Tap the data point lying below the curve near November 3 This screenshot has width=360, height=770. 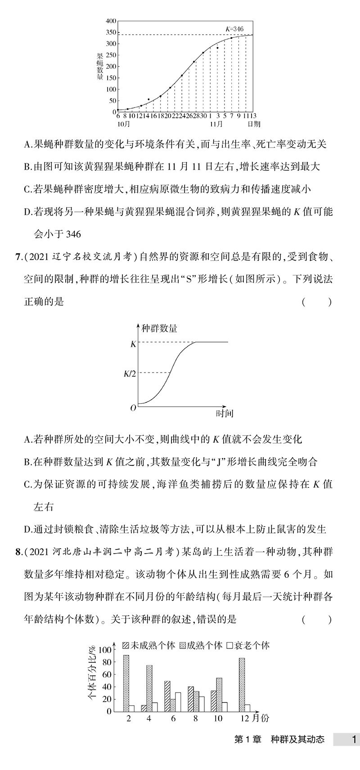(217, 48)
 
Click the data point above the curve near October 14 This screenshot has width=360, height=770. (149, 99)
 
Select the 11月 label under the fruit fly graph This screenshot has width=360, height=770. (217, 124)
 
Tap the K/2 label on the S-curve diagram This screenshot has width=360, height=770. (130, 373)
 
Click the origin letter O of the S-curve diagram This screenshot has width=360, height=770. (133, 408)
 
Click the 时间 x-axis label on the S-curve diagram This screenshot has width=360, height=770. (224, 413)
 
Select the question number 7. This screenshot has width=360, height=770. (18, 257)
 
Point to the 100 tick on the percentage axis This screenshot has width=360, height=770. (105, 650)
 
